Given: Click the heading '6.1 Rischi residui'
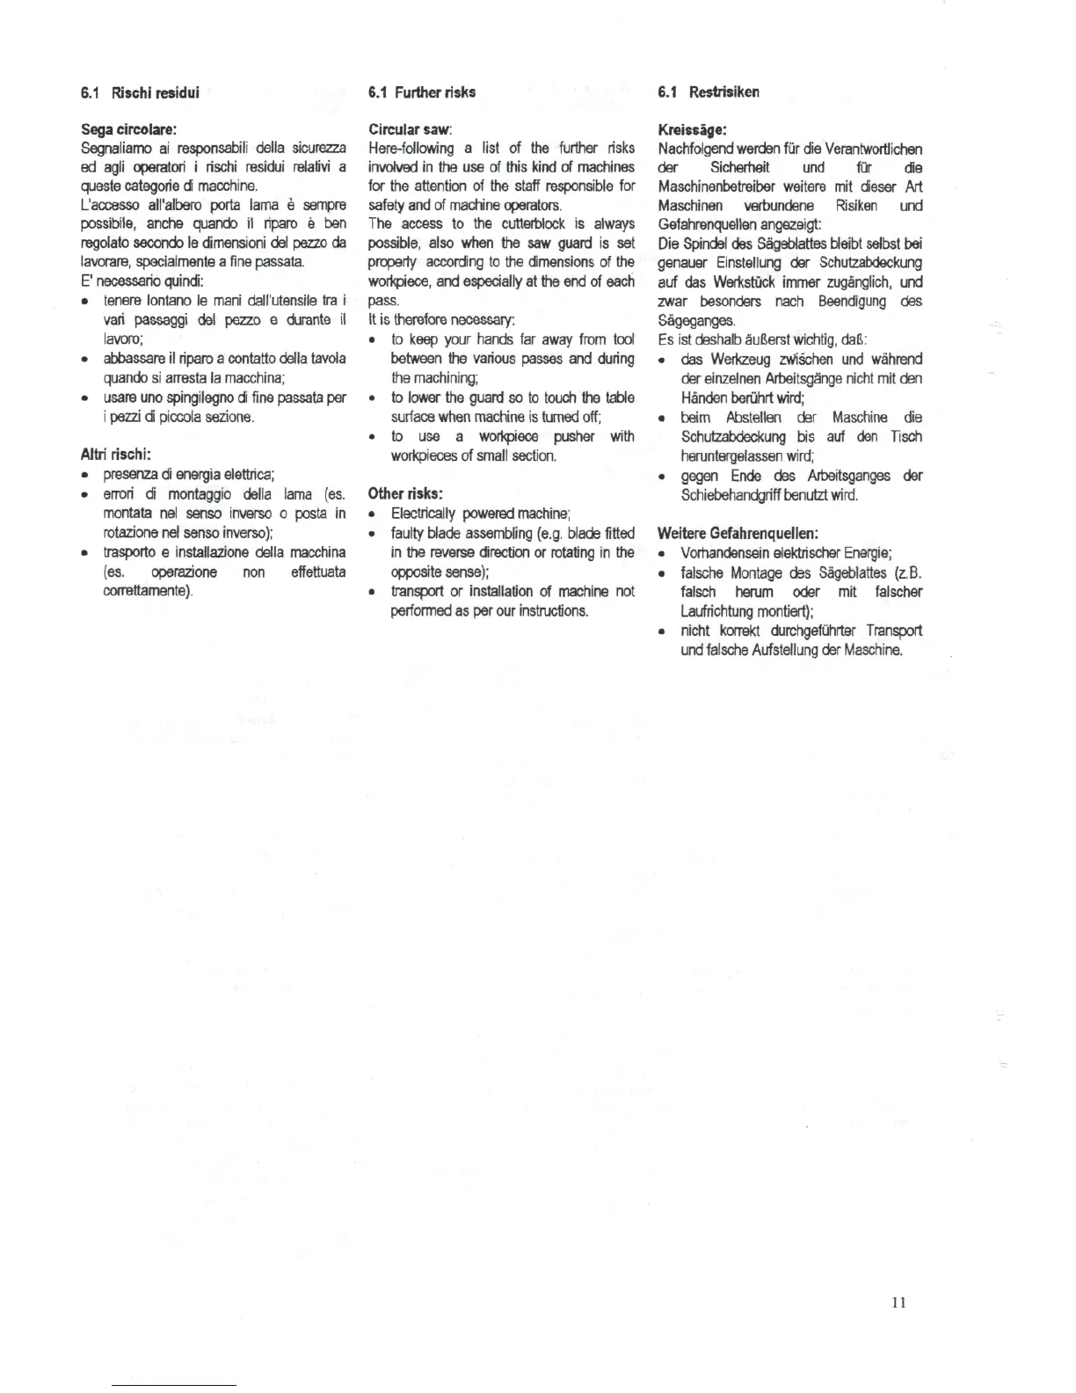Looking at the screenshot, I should pos(140,92).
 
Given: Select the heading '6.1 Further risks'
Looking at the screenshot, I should pos(422,92).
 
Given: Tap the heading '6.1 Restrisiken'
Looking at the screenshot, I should pos(708,92).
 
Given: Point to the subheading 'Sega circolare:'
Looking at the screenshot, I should pos(128,129).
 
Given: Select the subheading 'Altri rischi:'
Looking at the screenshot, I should pos(116,455).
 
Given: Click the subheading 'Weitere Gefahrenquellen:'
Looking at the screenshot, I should pos(738,533).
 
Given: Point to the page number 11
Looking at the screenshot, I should pos(898,1302).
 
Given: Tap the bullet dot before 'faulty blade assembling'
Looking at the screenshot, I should pos(373,534).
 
